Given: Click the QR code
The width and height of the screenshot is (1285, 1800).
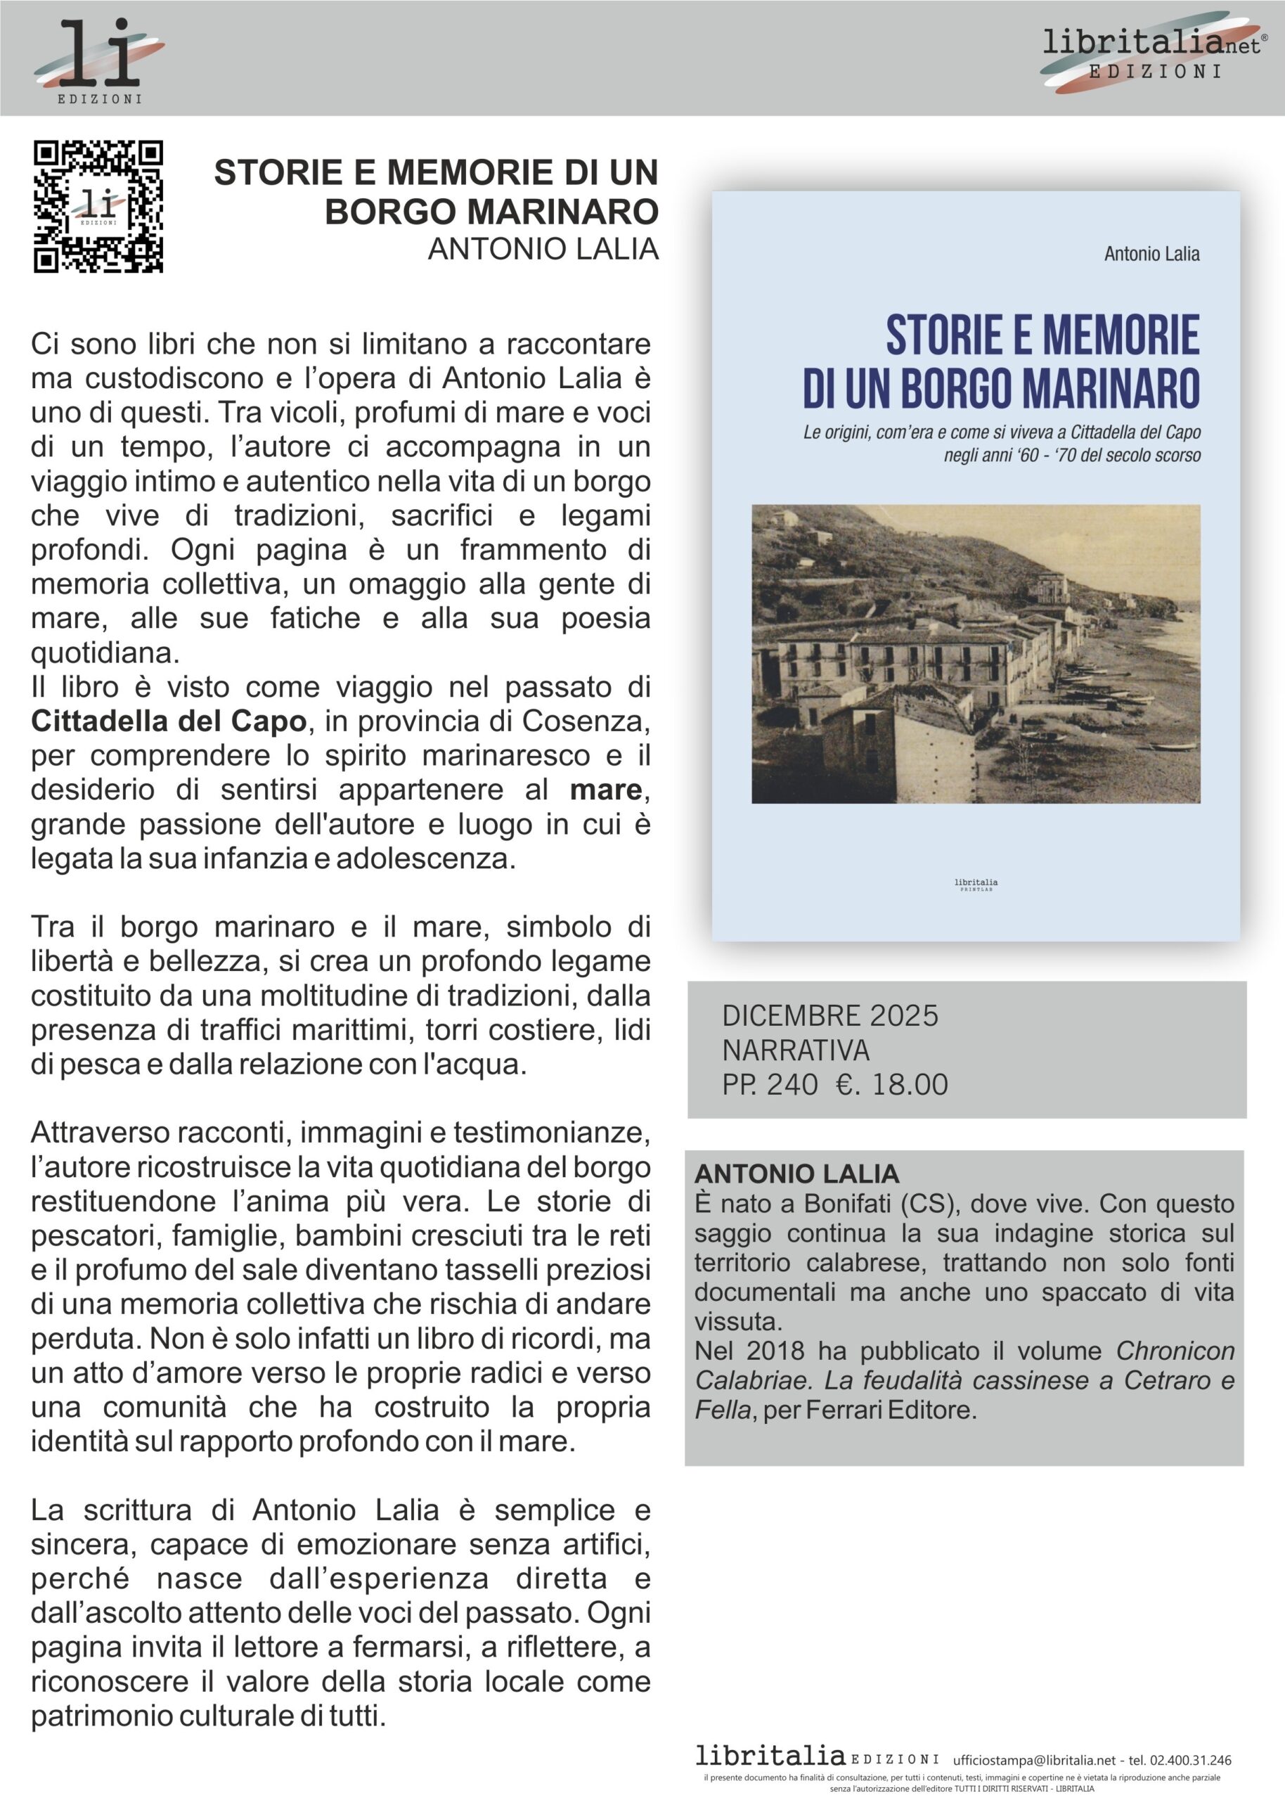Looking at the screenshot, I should click(98, 207).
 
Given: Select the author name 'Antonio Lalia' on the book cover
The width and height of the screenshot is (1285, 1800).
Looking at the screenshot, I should click(1151, 254).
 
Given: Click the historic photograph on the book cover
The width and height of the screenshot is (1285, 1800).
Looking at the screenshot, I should click(976, 653).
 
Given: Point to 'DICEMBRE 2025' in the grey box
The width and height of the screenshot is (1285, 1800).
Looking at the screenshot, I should click(830, 1016).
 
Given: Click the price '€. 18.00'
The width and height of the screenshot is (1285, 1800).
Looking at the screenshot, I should click(892, 1085).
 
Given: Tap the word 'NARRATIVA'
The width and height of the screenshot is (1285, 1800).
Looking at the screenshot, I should click(795, 1050).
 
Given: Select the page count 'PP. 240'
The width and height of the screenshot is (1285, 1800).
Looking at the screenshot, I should click(769, 1085).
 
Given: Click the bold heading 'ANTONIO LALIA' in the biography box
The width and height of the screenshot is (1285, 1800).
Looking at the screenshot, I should click(796, 1174).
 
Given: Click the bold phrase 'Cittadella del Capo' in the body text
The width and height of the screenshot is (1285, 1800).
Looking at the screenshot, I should click(169, 721).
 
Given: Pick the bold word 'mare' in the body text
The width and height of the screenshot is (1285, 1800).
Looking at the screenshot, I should click(605, 790).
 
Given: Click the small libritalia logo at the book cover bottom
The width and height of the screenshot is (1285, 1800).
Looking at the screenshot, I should click(976, 884).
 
